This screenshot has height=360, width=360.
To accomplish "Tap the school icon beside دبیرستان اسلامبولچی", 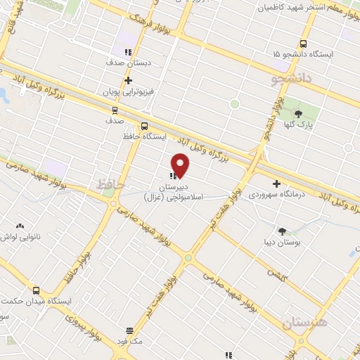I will pos(172,175).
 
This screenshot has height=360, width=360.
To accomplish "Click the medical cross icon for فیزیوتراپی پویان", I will pos(128,80).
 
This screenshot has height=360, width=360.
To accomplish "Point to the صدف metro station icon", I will pos(115,110).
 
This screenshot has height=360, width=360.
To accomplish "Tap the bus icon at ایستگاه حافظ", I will pos(144,127).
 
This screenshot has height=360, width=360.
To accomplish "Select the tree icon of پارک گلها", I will pos(298,114).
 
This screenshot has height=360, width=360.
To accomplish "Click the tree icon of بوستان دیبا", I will pos(282,231).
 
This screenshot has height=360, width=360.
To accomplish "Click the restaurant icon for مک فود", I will pos(129,330).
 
